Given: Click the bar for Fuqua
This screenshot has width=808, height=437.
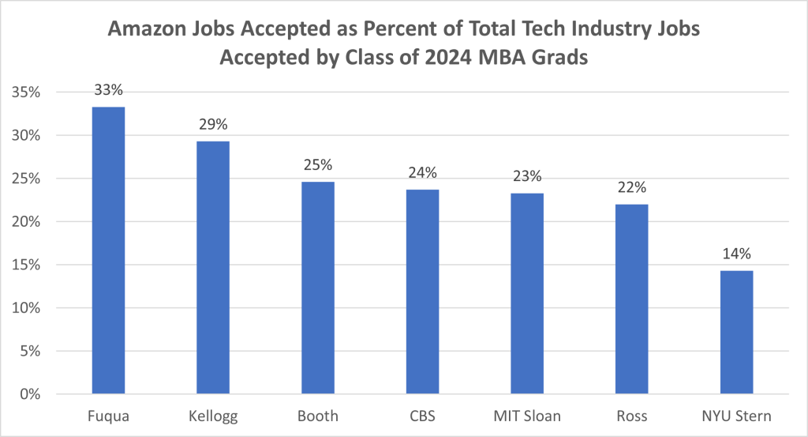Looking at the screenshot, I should (x=109, y=251).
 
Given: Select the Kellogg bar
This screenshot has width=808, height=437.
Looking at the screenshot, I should (x=213, y=267).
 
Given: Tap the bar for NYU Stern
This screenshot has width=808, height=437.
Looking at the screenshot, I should (x=737, y=332).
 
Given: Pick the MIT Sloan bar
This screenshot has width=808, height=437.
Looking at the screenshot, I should (x=527, y=293).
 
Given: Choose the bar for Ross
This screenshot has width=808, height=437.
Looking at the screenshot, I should (x=632, y=299).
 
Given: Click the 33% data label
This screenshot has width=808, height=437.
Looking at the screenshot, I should (x=109, y=89).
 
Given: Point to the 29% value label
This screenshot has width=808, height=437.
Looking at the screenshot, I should (x=213, y=124).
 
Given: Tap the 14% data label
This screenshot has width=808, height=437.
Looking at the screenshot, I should (x=737, y=254).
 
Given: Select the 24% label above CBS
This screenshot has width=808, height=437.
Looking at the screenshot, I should (x=423, y=172).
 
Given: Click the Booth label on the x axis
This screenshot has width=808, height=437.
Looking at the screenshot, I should (x=318, y=416).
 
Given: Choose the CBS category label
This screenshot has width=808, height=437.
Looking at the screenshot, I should (x=423, y=416).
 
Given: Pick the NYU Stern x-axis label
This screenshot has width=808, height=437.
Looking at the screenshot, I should (x=737, y=416).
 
